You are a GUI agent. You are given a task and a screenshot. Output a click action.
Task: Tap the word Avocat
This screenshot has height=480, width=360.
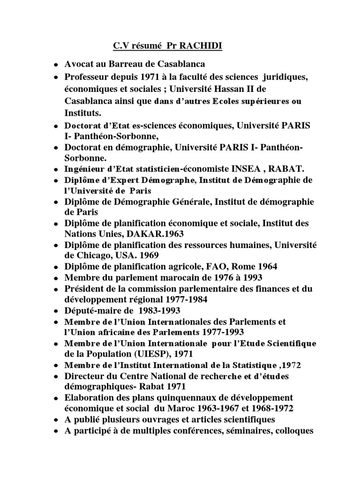pos(80,64)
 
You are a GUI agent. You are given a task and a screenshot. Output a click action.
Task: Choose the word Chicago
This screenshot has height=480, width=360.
pos(99,255)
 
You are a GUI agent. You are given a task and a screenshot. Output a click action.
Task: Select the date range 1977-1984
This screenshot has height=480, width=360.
pos(185,299)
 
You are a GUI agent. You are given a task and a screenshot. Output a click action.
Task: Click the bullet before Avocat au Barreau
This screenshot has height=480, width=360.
pos(56,65)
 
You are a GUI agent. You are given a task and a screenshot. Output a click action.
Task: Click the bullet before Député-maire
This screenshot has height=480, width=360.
pos(56,311)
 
